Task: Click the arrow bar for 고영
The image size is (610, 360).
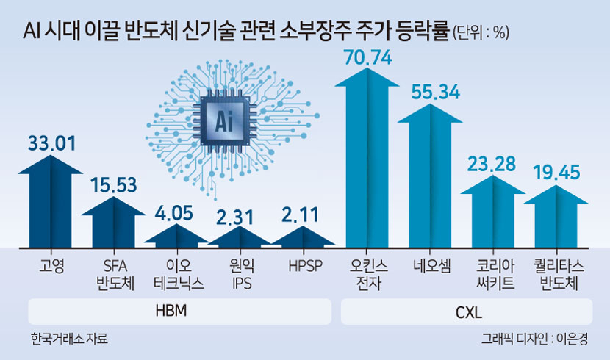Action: tap(51, 201)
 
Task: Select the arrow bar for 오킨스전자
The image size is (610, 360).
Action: tap(367, 157)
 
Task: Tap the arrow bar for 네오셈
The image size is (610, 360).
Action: tap(430, 176)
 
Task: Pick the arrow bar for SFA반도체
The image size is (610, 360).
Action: tap(114, 222)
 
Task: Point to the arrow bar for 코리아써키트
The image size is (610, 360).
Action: tap(493, 212)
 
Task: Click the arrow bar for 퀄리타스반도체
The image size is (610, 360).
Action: tap(556, 217)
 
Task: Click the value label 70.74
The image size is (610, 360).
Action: tap(367, 57)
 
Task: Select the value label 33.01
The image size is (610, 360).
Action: tap(51, 143)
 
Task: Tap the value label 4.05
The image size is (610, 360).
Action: tap(174, 213)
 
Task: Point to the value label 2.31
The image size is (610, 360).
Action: tap(235, 217)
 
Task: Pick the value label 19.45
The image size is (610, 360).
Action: tap(556, 172)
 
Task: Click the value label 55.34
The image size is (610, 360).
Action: tap(436, 92)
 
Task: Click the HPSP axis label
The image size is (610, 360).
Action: tap(306, 266)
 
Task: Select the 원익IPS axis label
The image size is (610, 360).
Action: tap(242, 275)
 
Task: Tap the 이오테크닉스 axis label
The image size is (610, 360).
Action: tap(179, 275)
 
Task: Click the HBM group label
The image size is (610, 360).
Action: tap(171, 311)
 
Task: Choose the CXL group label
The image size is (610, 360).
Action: tap(468, 312)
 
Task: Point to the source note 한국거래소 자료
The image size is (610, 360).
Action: tap(69, 339)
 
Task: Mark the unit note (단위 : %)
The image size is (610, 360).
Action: tap(481, 32)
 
